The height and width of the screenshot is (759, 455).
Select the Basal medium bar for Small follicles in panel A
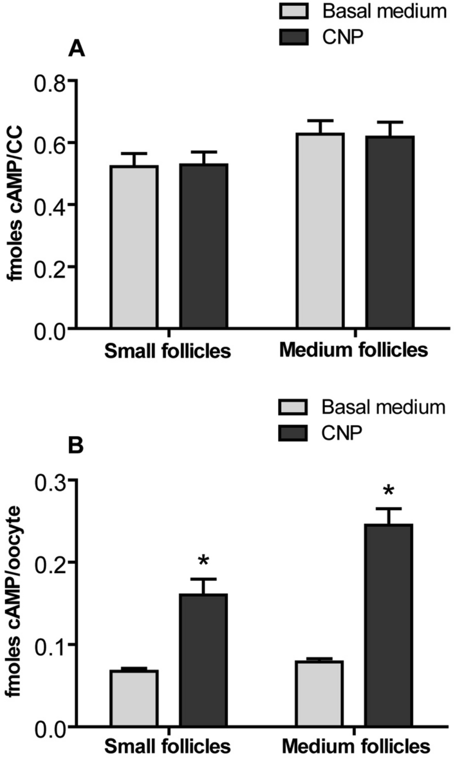click(134, 247)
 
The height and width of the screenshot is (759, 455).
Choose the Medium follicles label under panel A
click(354, 351)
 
